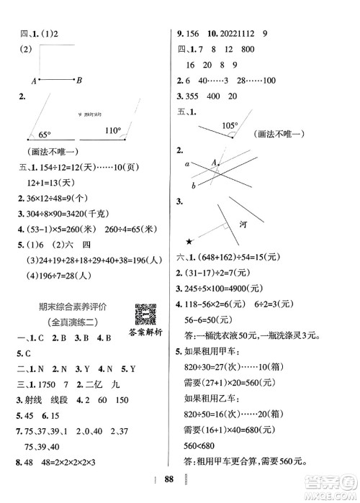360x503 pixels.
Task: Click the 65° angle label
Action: point(45,134)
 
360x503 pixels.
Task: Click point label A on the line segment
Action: point(33,80)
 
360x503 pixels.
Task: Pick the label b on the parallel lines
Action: point(193,186)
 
